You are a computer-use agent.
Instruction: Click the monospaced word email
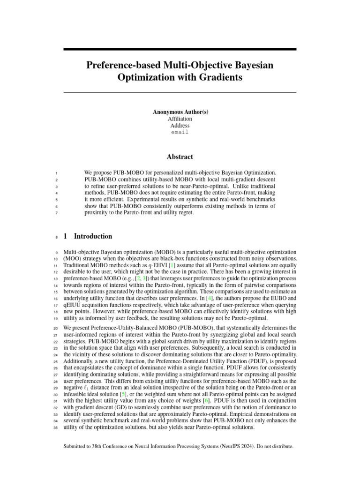pyautogui.click(x=180, y=133)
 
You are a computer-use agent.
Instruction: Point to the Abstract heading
pyautogui.click(x=180, y=157)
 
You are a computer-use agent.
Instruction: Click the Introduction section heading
pyautogui.click(x=93, y=236)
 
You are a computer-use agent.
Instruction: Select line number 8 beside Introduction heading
pyautogui.click(x=56, y=237)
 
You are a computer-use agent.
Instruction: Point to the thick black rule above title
pyautogui.click(x=180, y=49)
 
